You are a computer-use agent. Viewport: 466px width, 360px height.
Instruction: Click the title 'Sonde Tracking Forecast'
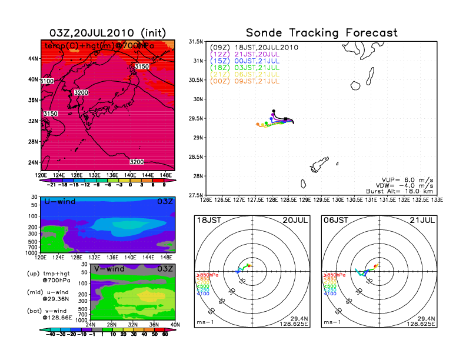[321, 33]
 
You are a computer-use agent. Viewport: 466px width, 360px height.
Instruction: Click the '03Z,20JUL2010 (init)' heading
[108, 33]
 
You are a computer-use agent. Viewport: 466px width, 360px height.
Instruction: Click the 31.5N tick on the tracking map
[196, 42]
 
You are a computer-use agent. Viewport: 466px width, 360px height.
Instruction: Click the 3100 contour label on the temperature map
[48, 81]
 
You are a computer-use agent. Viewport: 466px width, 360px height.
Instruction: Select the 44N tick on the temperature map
[34, 59]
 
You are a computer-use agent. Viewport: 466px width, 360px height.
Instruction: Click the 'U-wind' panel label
[59, 202]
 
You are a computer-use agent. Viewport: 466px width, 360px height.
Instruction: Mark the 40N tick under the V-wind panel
[174, 325]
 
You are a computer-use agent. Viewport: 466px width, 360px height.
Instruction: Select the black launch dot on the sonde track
[274, 110]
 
